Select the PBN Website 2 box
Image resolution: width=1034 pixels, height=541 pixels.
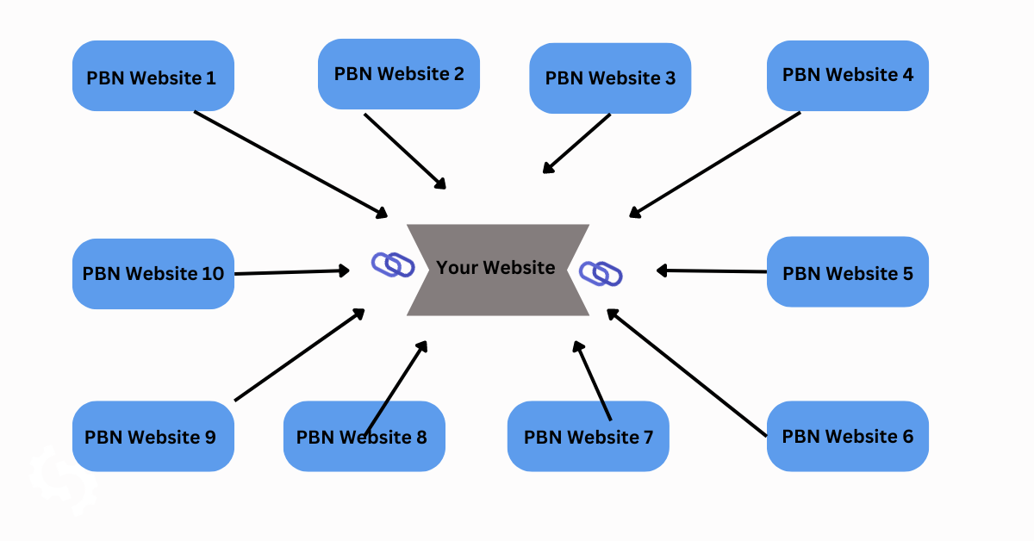398,74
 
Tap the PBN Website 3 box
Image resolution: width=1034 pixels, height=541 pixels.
610,78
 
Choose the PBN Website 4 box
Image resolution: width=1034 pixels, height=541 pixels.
848,75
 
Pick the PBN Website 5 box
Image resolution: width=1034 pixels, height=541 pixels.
848,272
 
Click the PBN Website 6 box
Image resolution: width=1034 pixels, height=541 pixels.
848,436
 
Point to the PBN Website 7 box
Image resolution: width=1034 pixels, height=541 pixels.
589,436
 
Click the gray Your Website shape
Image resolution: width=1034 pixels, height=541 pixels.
497,269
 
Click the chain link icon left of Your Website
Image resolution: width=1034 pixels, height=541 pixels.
393,264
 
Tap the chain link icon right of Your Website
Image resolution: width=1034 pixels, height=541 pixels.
601,273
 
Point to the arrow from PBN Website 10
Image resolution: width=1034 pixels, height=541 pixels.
291,272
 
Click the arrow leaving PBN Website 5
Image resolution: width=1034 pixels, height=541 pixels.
712,271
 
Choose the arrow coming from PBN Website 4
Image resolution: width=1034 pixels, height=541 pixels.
715,164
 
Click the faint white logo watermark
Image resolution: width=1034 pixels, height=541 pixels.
62,478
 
